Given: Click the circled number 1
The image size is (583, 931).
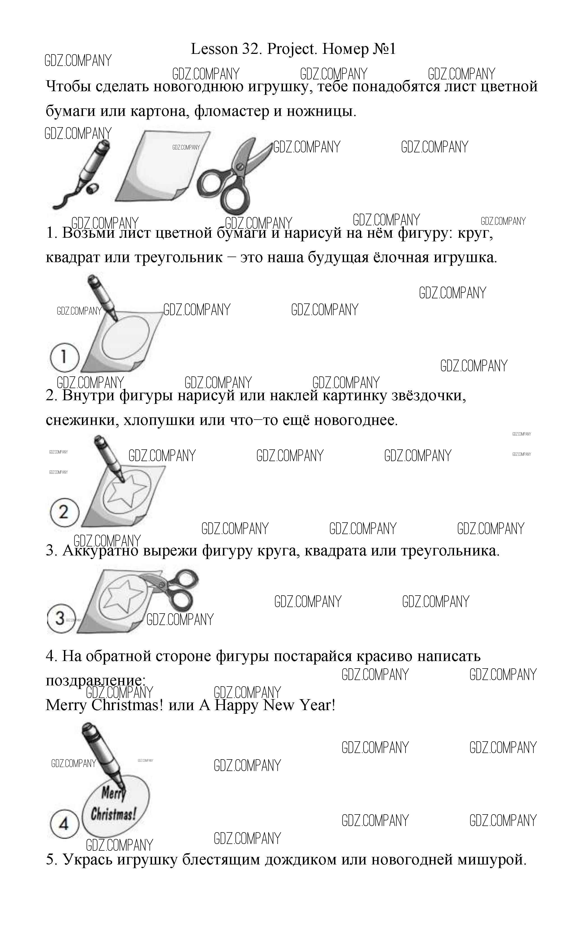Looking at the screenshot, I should [x=64, y=357].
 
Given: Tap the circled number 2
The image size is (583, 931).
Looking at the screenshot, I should [x=64, y=513].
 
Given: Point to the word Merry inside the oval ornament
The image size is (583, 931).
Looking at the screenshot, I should [x=113, y=794].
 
